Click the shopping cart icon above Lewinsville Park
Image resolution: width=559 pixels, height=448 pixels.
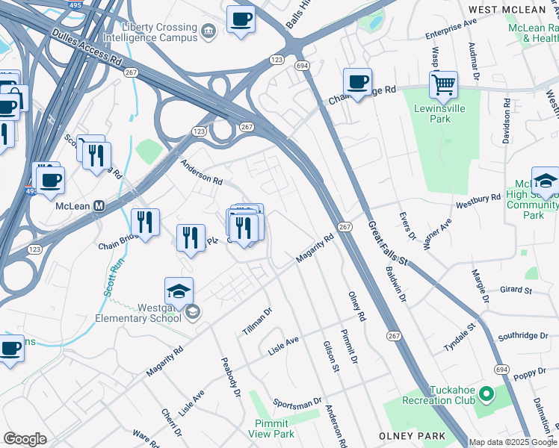(443, 85)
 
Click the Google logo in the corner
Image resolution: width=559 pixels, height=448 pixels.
(25, 439)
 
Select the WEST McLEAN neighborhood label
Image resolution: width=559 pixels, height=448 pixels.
(507, 10)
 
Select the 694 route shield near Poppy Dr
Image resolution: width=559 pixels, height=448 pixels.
(501, 370)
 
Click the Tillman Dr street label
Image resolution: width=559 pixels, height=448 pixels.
(257, 320)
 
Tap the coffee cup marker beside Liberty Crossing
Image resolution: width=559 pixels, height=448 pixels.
(241, 19)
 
